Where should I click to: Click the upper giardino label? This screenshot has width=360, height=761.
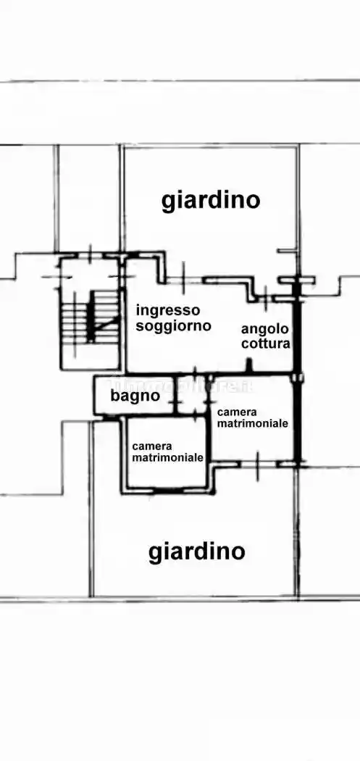[210, 199]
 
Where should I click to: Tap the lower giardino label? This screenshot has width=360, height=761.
[197, 552]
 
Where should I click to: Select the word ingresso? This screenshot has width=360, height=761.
[168, 310]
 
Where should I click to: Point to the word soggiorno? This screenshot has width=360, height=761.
[173, 326]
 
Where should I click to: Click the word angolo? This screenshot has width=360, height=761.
[266, 329]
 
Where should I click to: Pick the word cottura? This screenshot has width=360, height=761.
[266, 344]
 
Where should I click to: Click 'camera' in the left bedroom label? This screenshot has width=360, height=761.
[151, 446]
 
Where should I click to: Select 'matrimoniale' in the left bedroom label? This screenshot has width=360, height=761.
[167, 457]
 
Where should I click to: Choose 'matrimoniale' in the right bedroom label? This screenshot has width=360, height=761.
[253, 423]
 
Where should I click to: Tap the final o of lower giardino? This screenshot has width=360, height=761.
[237, 552]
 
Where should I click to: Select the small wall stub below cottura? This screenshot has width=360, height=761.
[249, 365]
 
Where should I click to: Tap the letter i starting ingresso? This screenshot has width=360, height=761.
[138, 309]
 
